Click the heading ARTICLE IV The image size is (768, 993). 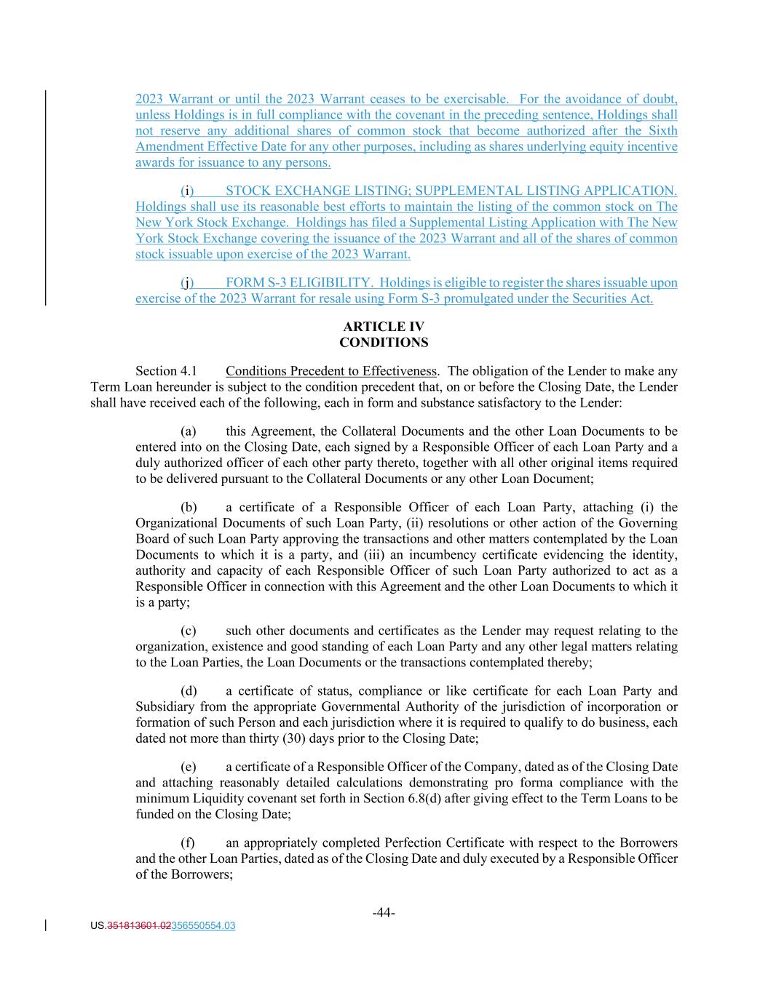384,327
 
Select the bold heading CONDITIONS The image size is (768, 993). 384,343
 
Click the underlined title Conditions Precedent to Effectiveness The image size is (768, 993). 331,372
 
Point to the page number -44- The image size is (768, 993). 384,913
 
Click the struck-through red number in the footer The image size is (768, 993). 139,926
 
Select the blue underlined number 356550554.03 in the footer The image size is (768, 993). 203,926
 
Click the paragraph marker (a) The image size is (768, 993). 188,431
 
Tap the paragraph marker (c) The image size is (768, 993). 188,631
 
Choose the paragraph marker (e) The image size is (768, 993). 188,767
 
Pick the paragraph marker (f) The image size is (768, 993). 188,843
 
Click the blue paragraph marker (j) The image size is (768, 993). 187,283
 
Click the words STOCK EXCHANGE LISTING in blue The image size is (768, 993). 317,191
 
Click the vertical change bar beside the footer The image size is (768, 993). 47,926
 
